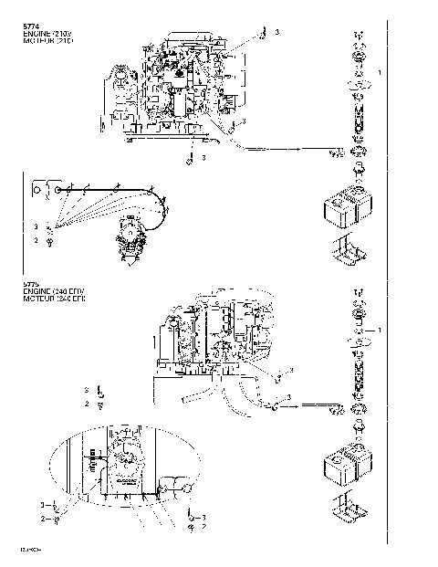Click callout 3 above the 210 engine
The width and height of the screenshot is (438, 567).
pos(277,32)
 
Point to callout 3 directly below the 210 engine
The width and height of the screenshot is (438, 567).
pos(203,158)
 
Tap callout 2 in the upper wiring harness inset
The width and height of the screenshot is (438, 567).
pos(36,240)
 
